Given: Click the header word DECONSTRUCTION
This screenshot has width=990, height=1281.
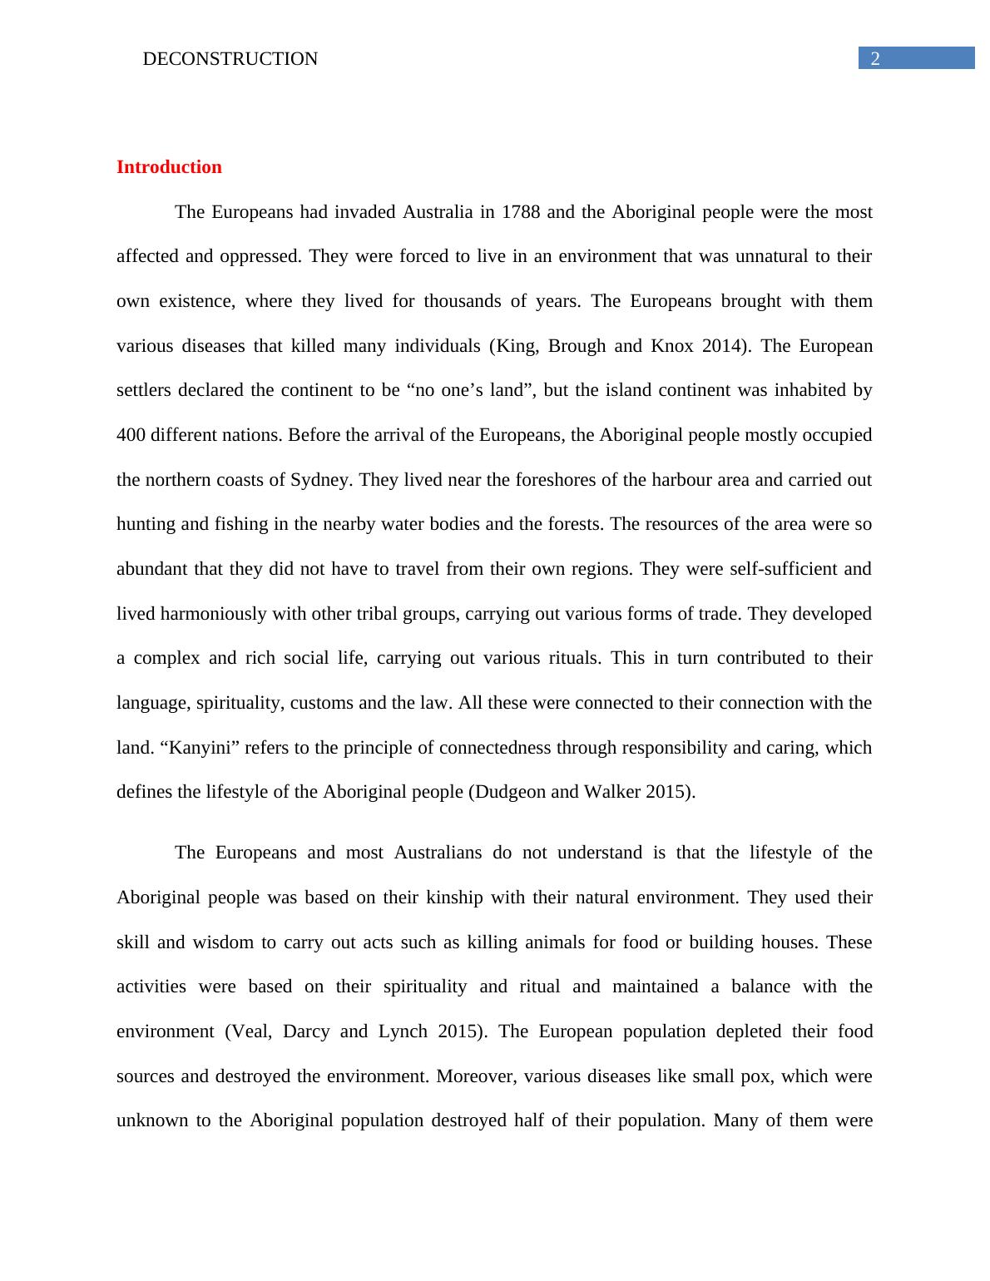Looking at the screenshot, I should [230, 59].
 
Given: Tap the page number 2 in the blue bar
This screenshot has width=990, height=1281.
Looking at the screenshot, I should [874, 58].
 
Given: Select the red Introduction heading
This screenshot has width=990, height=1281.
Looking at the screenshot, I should [169, 167].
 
